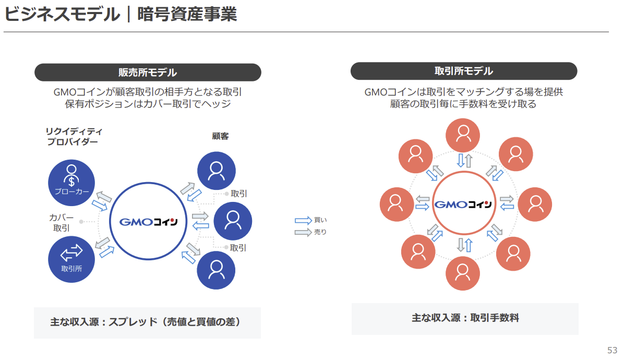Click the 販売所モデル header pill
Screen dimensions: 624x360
tap(148, 73)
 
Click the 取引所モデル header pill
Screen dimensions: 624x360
tap(464, 71)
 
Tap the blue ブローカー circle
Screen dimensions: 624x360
tap(71, 183)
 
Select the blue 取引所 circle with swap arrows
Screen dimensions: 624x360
tap(71, 259)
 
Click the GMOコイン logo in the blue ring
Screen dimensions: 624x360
tap(149, 222)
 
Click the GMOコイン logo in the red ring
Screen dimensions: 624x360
tap(463, 205)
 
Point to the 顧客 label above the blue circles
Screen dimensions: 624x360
tap(220, 136)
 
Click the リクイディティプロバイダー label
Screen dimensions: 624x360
tap(74, 137)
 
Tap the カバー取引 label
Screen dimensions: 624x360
tap(61, 223)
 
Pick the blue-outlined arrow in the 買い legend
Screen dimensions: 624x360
tap(303, 220)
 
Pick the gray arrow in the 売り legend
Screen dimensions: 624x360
tap(303, 232)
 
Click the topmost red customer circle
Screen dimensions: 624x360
tap(463, 135)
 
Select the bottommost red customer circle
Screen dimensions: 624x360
tap(462, 273)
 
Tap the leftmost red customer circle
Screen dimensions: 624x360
tap(397, 205)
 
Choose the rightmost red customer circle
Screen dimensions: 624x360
tap(535, 205)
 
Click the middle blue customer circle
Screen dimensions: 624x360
tap(233, 221)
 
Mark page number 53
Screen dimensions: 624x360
tap(612, 350)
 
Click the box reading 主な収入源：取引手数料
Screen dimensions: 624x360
tap(465, 319)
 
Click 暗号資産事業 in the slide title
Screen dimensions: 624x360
tap(187, 14)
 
